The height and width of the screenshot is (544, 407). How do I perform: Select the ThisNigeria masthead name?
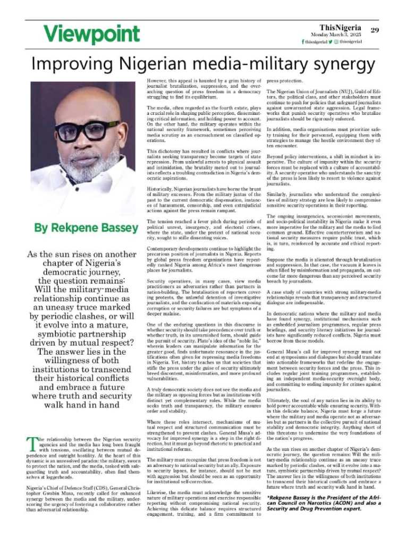coord(341,27)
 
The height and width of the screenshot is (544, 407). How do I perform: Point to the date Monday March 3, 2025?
coord(333,35)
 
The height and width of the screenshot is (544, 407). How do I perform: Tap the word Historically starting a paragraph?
coord(163,189)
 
